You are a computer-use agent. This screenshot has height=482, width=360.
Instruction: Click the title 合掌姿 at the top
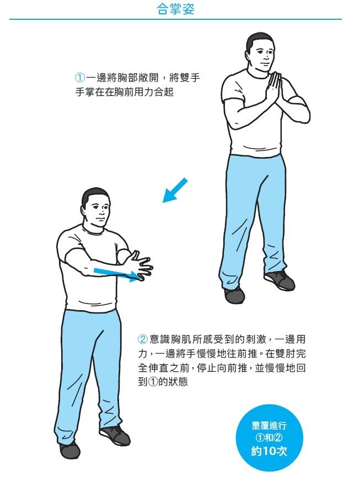pyautogui.click(x=176, y=9)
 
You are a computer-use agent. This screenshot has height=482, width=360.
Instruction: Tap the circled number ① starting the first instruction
pyautogui.click(x=80, y=78)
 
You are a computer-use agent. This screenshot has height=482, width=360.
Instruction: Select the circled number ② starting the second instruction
pyautogui.click(x=143, y=339)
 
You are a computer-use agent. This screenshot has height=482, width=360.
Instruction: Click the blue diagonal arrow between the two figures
pyautogui.click(x=175, y=190)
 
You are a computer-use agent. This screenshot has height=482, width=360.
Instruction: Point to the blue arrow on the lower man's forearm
pyautogui.click(x=117, y=275)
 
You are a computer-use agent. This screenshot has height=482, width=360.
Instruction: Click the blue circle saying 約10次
pyautogui.click(x=270, y=438)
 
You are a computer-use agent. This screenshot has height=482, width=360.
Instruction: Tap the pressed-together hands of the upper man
pyautogui.click(x=274, y=88)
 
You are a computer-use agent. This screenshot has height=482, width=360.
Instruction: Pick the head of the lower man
pyautogui.click(x=96, y=207)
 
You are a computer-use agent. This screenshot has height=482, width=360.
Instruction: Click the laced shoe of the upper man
pyautogui.click(x=280, y=280)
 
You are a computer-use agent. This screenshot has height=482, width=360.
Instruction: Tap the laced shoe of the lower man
pyautogui.click(x=115, y=435)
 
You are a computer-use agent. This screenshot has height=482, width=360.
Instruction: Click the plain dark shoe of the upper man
pyautogui.click(x=234, y=295)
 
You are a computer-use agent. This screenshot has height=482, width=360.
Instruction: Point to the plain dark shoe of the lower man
pyautogui.click(x=70, y=451)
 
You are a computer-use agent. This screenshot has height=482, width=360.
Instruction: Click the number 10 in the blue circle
pyautogui.click(x=268, y=451)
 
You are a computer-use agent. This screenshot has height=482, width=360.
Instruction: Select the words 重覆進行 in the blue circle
pyautogui.click(x=269, y=425)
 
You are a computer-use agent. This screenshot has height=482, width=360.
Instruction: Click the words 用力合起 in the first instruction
pyautogui.click(x=154, y=92)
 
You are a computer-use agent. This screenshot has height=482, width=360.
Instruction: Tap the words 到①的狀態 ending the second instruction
pyautogui.click(x=163, y=382)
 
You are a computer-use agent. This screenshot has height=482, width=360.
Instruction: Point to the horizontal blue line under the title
pyautogui.click(x=175, y=19)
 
